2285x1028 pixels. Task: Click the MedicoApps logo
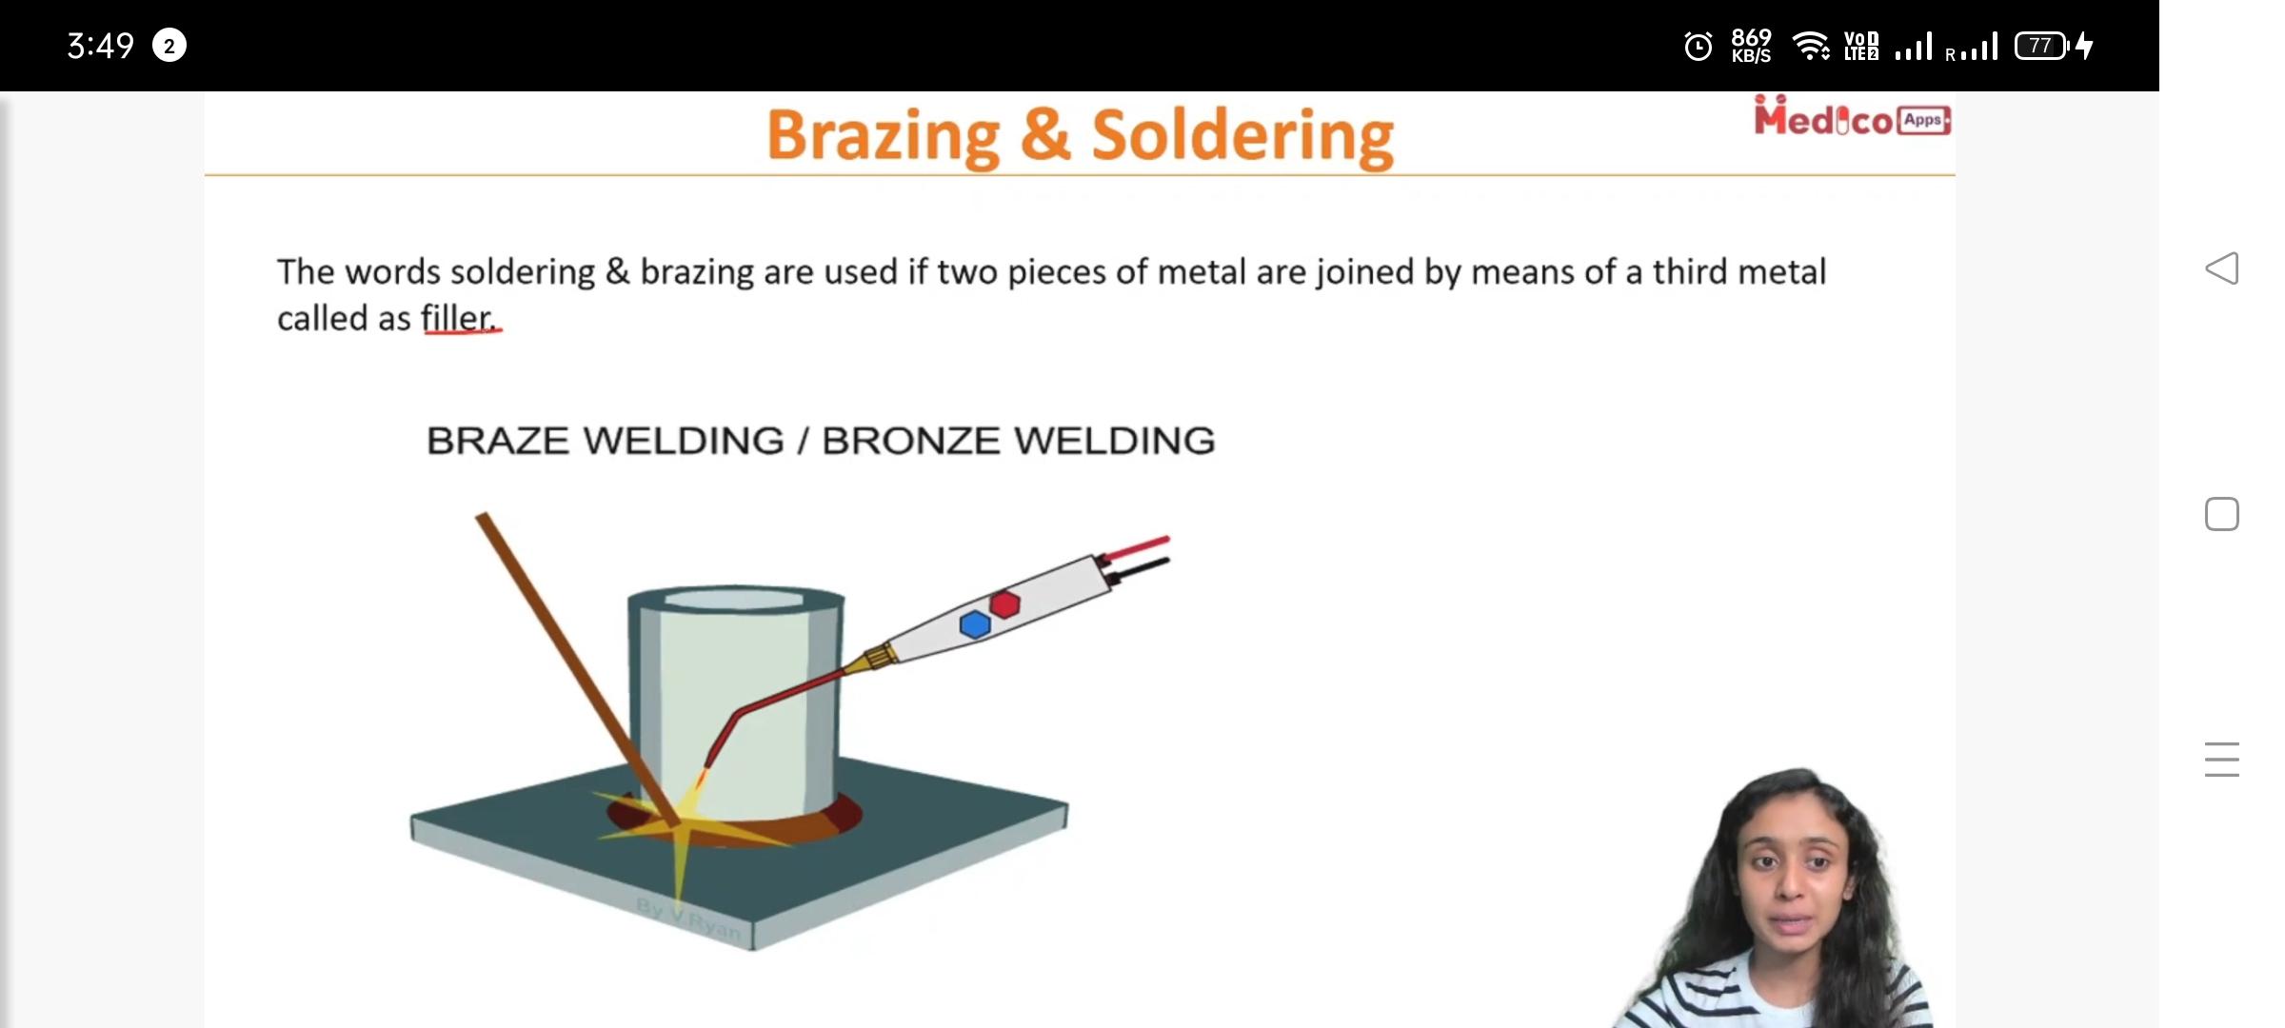click(x=1852, y=118)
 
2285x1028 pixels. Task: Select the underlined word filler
click(x=460, y=318)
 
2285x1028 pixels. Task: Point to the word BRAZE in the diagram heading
click(x=498, y=441)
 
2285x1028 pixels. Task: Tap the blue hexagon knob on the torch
click(x=975, y=624)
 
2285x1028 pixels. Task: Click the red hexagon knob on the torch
click(x=1005, y=603)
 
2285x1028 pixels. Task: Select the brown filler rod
click(x=577, y=668)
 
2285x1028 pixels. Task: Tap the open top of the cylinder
click(x=735, y=600)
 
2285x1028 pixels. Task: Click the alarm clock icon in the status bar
click(x=1699, y=46)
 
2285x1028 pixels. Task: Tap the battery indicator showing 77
click(x=2042, y=46)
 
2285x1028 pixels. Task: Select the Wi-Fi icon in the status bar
click(x=1811, y=46)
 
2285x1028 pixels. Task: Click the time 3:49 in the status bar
click(x=101, y=46)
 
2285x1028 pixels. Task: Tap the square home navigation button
click(x=2222, y=514)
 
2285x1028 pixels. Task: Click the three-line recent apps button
click(x=2222, y=760)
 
